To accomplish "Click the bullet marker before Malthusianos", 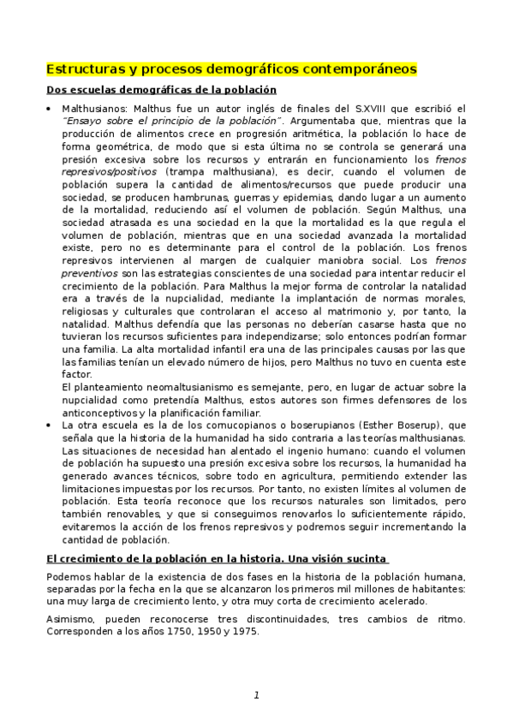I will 50,109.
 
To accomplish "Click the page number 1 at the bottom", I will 255,694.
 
